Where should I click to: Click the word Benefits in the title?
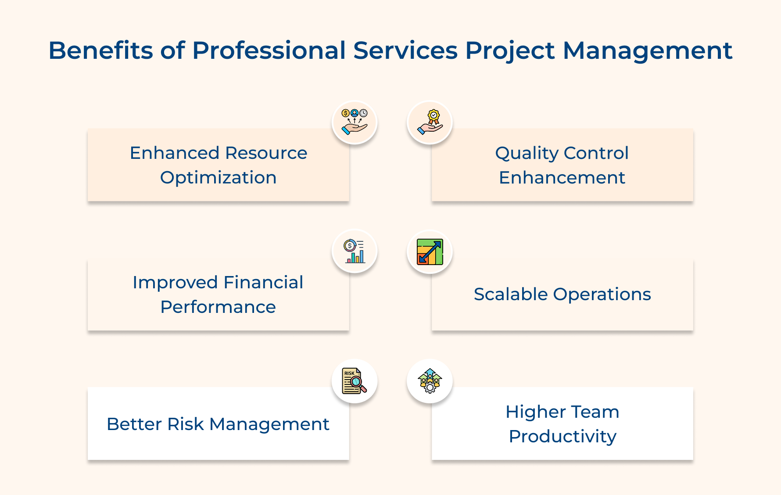(100, 50)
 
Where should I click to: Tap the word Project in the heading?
(509, 50)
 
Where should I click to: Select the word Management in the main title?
(647, 50)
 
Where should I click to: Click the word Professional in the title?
(269, 50)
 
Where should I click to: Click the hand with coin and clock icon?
(355, 122)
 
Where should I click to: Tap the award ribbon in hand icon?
(430, 122)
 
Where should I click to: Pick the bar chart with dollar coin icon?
(355, 251)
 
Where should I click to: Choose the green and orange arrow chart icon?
(430, 251)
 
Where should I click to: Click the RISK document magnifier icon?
(355, 381)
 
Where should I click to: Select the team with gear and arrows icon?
(430, 381)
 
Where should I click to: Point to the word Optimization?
(218, 178)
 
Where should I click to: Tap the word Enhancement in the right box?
(562, 178)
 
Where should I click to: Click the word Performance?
(218, 307)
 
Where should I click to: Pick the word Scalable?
(510, 294)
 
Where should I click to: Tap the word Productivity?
(562, 437)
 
